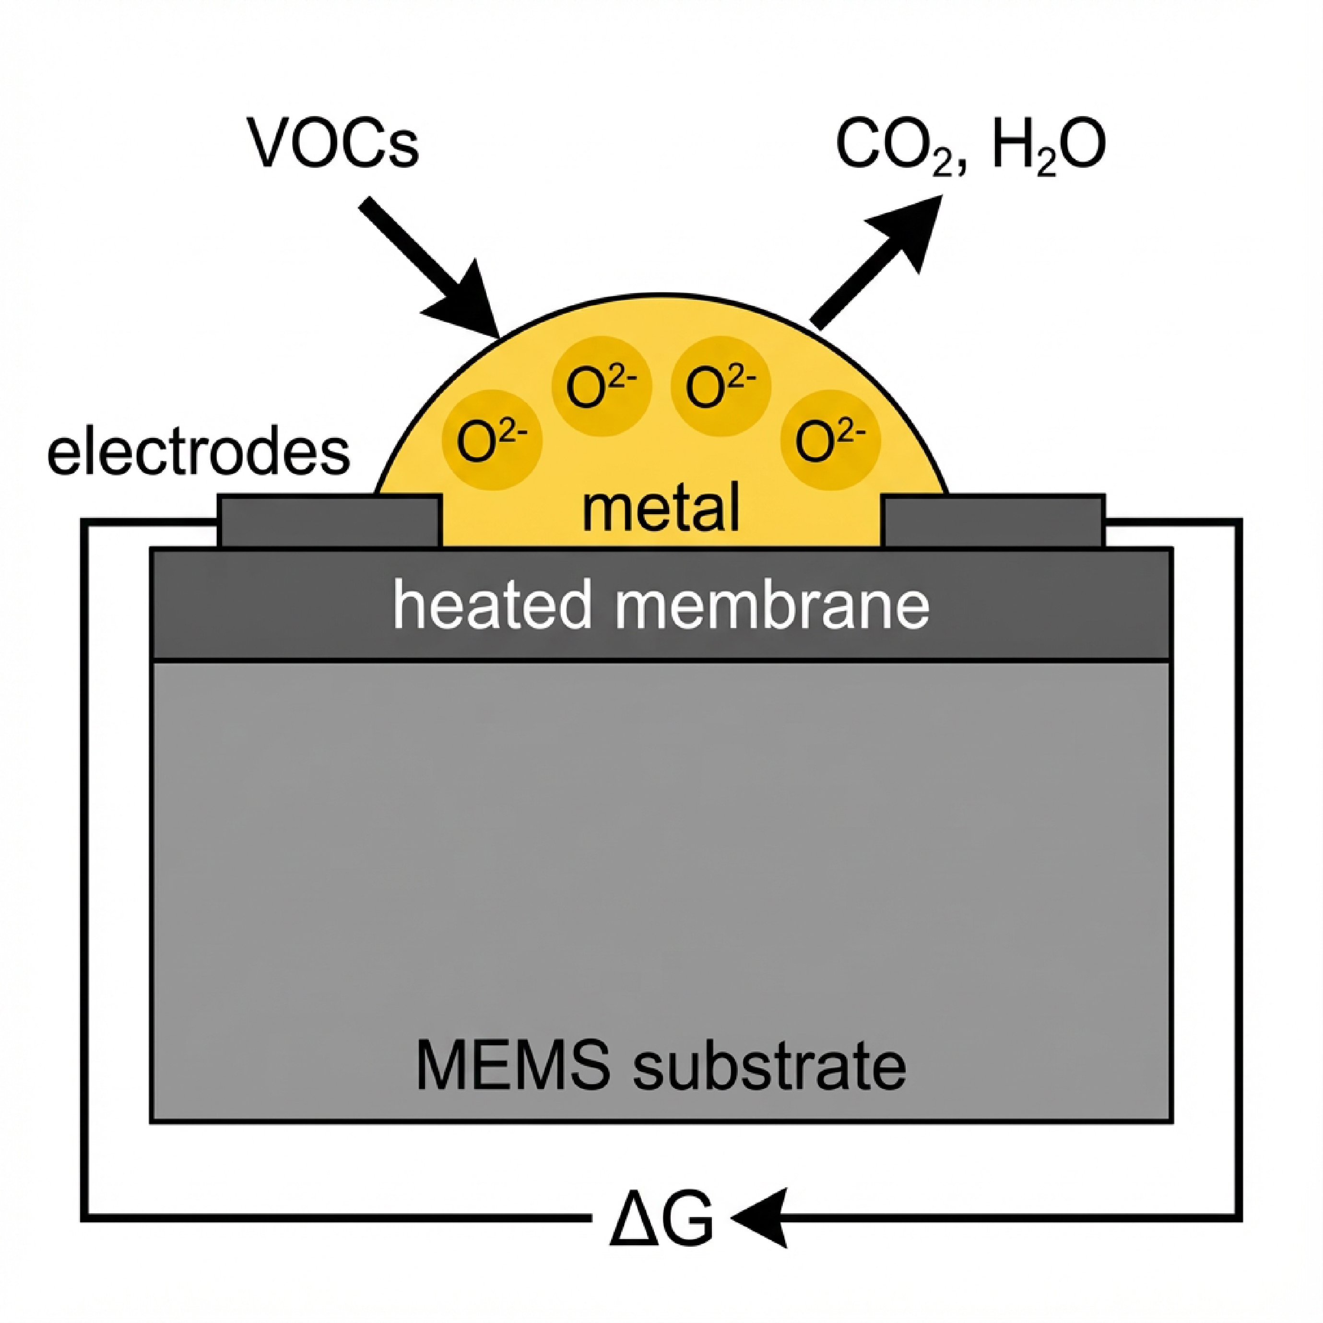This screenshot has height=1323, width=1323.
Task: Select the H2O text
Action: pyautogui.click(x=1047, y=146)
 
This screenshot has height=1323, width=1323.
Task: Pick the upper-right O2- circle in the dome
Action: pyautogui.click(x=721, y=386)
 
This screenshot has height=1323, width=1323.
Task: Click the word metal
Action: pyautogui.click(x=661, y=508)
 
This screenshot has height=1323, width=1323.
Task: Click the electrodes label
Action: pyautogui.click(x=199, y=453)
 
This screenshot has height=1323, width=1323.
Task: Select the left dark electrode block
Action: pyautogui.click(x=329, y=521)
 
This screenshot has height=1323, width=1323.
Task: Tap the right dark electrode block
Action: pyautogui.click(x=993, y=521)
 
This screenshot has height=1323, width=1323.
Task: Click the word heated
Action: pyautogui.click(x=492, y=605)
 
